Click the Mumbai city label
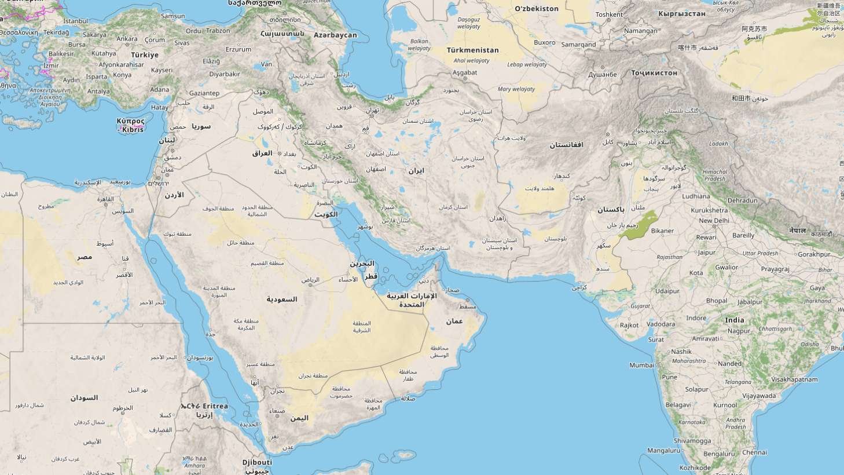tap(641, 365)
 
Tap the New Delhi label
tap(714, 221)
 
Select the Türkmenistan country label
tap(472, 50)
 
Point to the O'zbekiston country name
tap(537, 9)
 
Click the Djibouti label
tap(257, 462)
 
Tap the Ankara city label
tap(127, 39)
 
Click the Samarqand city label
tap(578, 45)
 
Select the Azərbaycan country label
tap(335, 35)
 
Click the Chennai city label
tap(754, 452)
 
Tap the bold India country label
tap(735, 320)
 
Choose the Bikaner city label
tap(662, 231)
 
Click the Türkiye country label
tap(144, 54)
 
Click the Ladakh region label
tap(718, 143)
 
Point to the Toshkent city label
tap(609, 14)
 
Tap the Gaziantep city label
tap(204, 93)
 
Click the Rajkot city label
tap(629, 326)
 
